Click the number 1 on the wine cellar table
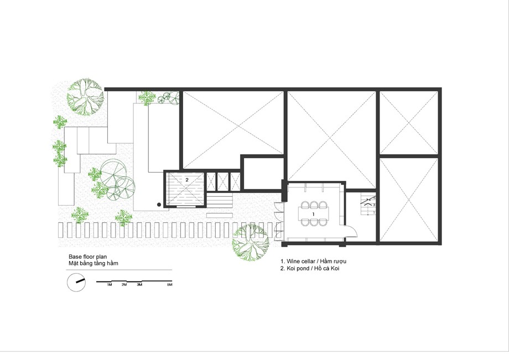pyautogui.click(x=313, y=214)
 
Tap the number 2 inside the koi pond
pyautogui.click(x=187, y=179)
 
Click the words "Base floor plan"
pyautogui.click(x=87, y=257)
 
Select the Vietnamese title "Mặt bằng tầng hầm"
pyautogui.click(x=93, y=263)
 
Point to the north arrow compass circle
pyautogui.click(x=76, y=282)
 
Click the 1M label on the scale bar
pyautogui.click(x=110, y=285)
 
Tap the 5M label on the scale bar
pyautogui.click(x=170, y=285)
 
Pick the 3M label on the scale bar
pyautogui.click(x=139, y=285)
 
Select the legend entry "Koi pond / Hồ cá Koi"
pyautogui.click(x=310, y=269)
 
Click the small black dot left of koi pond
pyautogui.click(x=159, y=205)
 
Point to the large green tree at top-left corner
pyautogui.click(x=85, y=96)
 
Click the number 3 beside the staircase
pyautogui.click(x=374, y=205)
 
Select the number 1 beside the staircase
pyautogui.click(x=374, y=212)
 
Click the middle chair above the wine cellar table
pyautogui.click(x=314, y=205)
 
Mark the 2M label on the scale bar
pyautogui.click(x=124, y=285)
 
